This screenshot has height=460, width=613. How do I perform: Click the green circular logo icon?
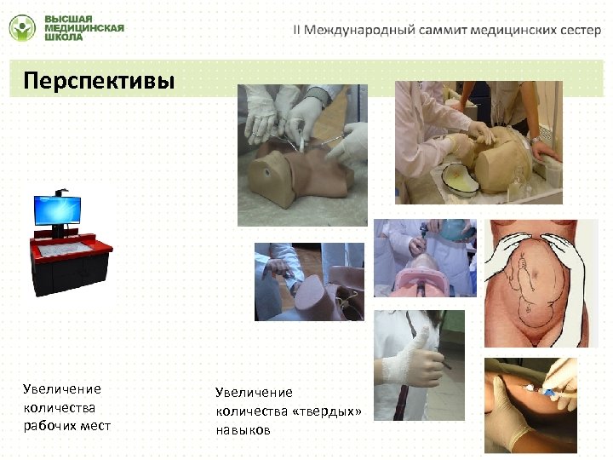point(23,28)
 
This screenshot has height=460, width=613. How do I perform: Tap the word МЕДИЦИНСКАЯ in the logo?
point(83,28)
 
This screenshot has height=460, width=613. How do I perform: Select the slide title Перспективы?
point(99,81)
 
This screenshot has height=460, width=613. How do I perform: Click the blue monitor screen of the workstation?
point(57,209)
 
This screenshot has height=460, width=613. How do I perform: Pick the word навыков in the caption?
point(243,430)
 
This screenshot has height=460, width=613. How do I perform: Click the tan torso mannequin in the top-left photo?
point(294,175)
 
